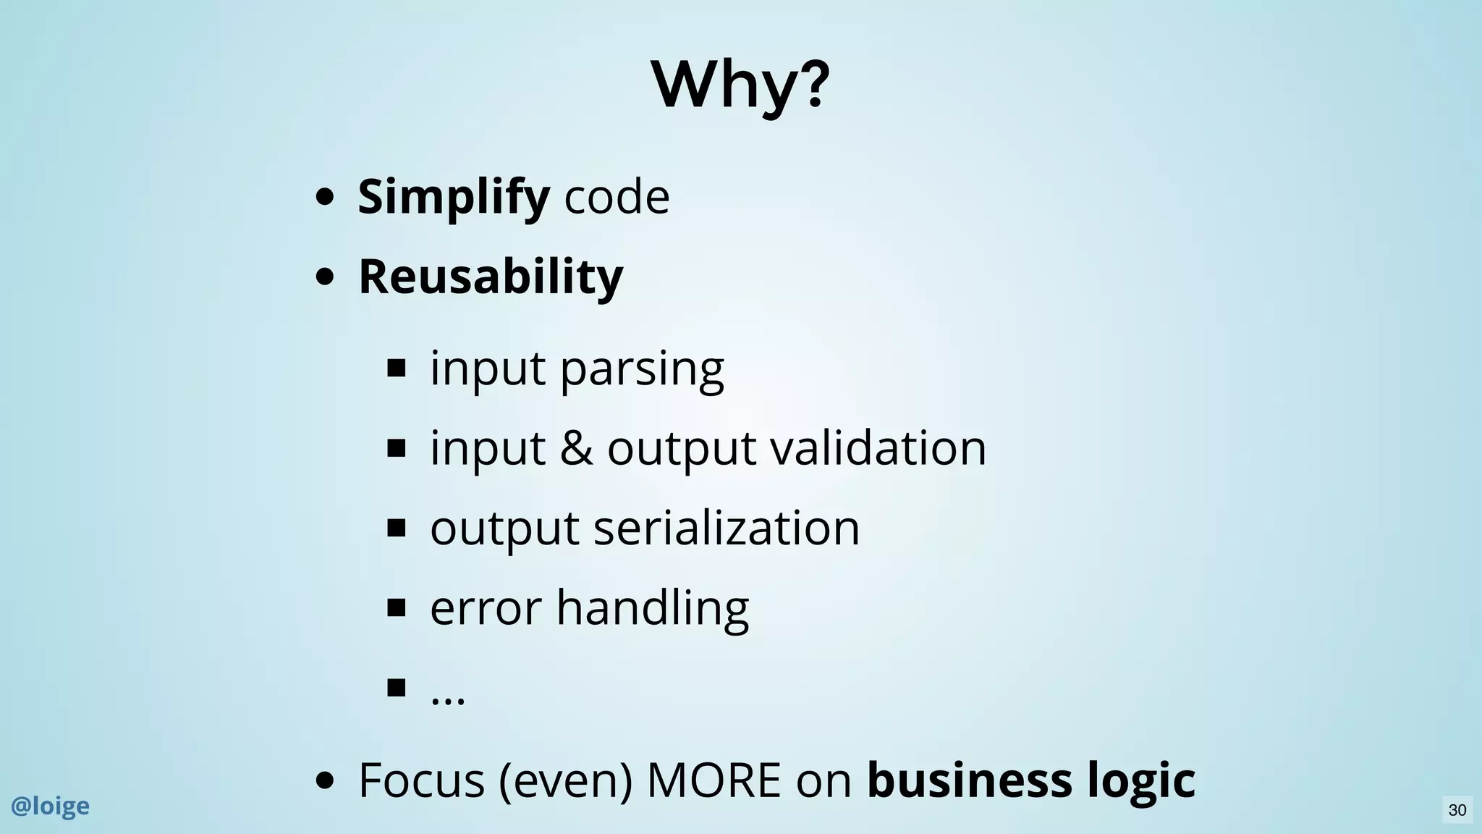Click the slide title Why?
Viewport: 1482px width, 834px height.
(740, 85)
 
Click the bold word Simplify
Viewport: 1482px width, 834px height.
(454, 197)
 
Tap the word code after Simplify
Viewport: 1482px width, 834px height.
(617, 197)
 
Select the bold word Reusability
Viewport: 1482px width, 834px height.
(491, 277)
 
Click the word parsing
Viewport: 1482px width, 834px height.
(642, 369)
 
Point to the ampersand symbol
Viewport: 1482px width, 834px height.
(576, 448)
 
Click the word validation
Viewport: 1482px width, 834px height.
(878, 448)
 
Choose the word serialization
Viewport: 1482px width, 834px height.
(727, 528)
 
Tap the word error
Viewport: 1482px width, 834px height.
(486, 607)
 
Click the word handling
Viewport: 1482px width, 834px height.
(653, 607)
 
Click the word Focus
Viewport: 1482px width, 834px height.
(421, 780)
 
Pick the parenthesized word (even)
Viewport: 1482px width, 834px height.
(565, 780)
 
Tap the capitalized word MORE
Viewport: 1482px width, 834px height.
(714, 780)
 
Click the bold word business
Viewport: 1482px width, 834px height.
(969, 780)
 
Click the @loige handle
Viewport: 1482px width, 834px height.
(50, 806)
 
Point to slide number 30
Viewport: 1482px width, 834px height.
(1457, 810)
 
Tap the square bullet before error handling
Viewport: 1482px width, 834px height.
(396, 607)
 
